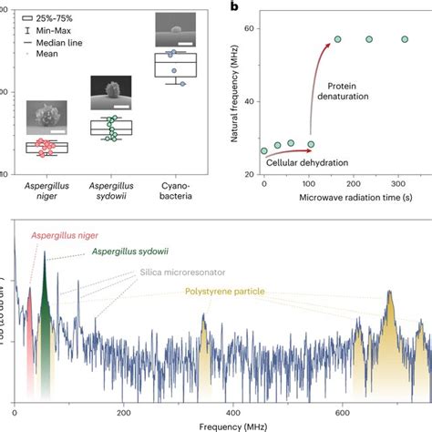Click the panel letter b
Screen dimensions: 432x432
click(x=234, y=7)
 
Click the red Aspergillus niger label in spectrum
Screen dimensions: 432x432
click(x=66, y=235)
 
